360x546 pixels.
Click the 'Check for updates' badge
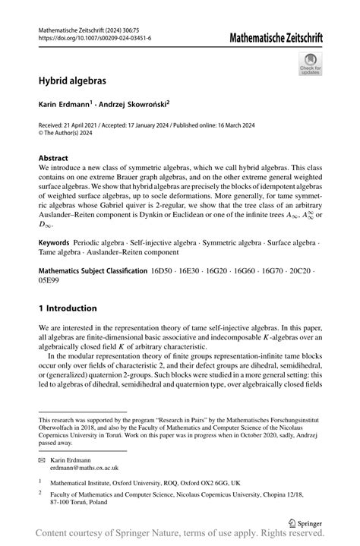point(310,64)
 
